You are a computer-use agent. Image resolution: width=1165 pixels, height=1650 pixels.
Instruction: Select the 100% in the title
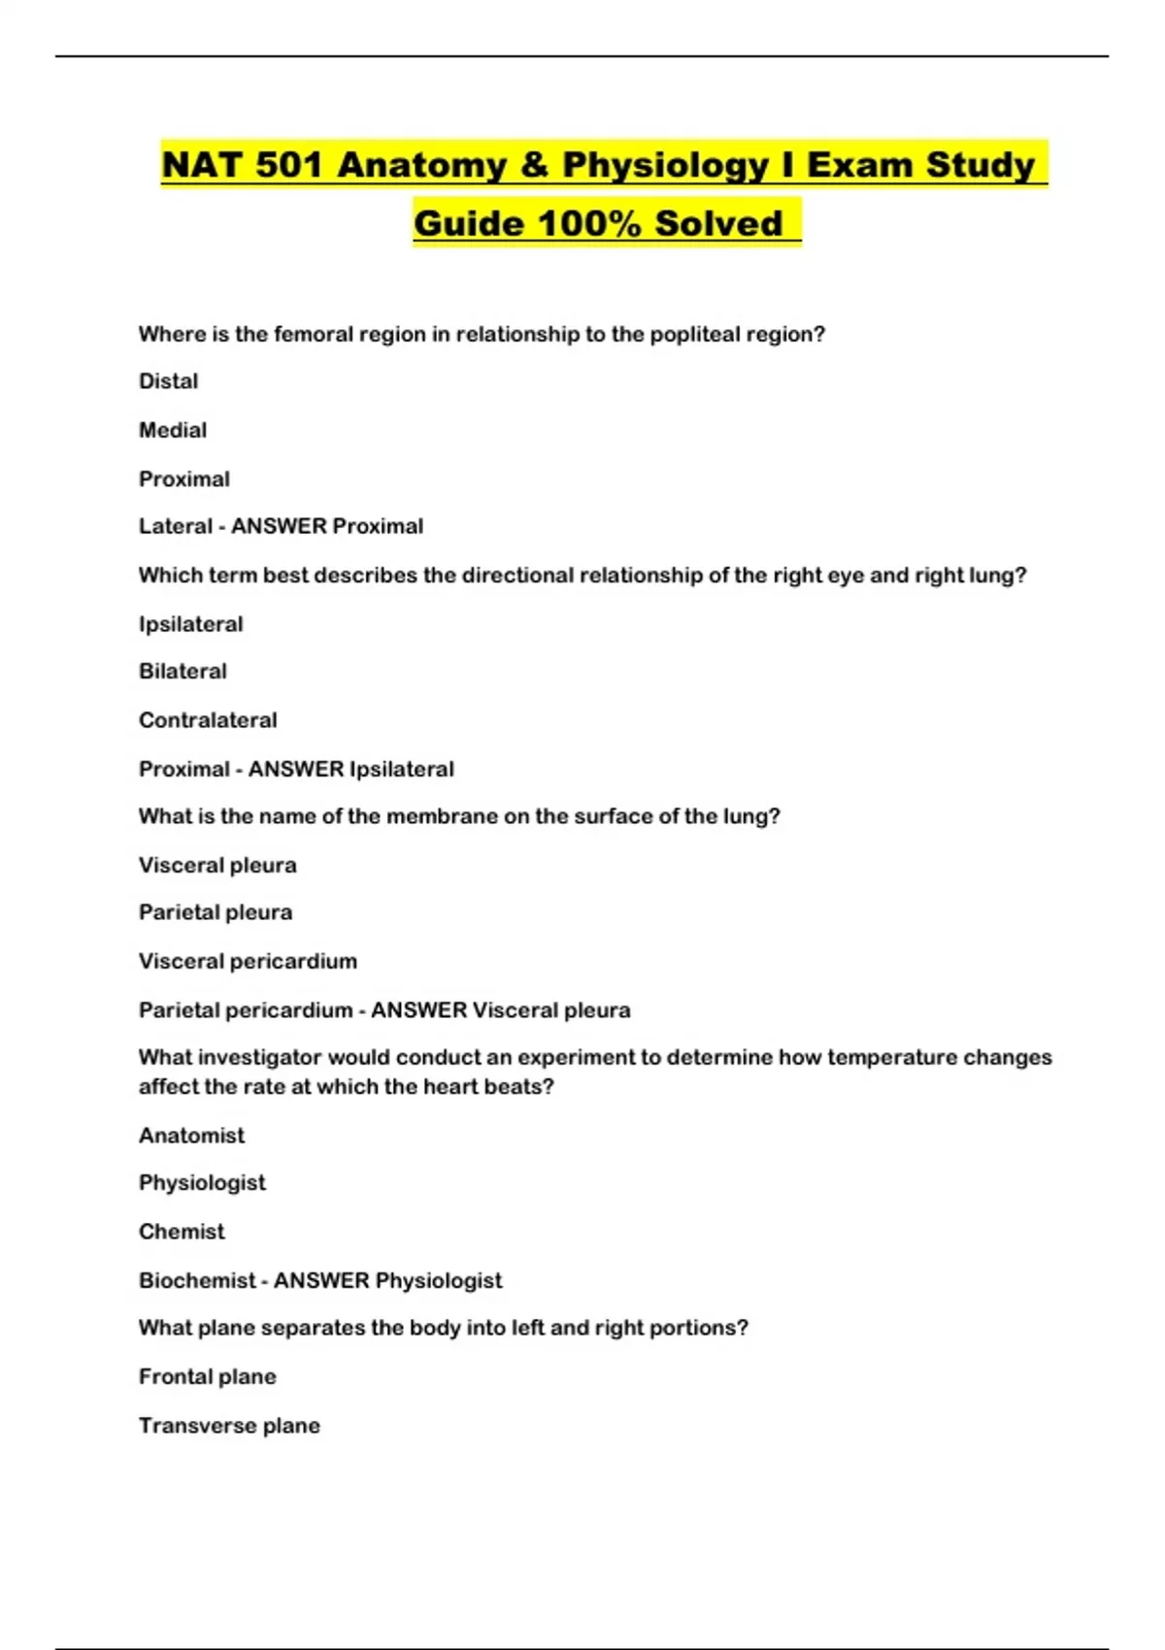pos(589,223)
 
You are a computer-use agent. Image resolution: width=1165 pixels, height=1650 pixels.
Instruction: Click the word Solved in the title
pos(718,223)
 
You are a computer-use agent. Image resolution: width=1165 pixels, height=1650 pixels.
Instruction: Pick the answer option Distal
pos(168,381)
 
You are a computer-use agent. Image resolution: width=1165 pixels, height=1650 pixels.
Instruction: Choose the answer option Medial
pos(173,430)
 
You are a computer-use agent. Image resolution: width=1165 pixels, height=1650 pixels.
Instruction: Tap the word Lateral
pos(175,526)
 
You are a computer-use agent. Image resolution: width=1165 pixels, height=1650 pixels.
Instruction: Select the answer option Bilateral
pos(183,672)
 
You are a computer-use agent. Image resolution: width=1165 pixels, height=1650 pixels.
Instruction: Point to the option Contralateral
pos(208,720)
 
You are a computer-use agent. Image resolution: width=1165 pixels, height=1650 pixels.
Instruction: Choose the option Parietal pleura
pos(216,912)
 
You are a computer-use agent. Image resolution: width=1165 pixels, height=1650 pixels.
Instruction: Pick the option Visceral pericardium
pos(248,961)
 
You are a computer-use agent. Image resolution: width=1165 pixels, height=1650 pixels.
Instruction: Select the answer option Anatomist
pos(191,1136)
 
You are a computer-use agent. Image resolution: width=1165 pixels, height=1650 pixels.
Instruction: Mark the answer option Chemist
pos(182,1232)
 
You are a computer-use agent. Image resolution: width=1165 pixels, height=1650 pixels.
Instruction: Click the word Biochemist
pos(197,1280)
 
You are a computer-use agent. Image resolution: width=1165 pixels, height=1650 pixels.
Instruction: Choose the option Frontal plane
pos(207,1376)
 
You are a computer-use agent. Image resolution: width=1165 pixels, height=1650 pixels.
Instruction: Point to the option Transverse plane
pos(229,1426)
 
